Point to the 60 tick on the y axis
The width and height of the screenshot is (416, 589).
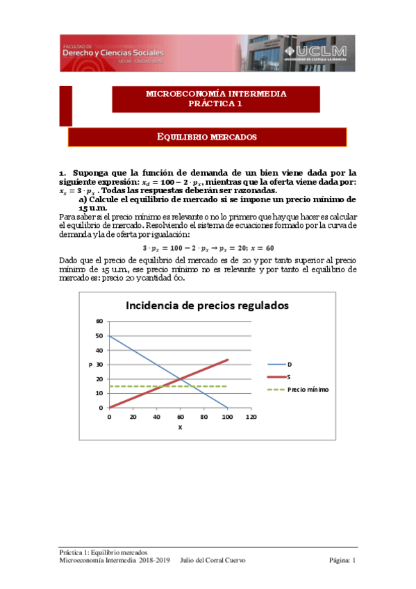click(x=99, y=321)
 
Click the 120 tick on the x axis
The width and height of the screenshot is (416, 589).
click(x=251, y=417)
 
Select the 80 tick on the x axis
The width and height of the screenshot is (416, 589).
click(x=203, y=417)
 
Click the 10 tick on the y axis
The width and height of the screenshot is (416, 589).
click(x=99, y=393)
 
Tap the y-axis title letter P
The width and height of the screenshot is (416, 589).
click(x=90, y=364)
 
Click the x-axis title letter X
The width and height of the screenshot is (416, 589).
click(x=180, y=427)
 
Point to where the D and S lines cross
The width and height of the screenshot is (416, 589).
click(x=181, y=379)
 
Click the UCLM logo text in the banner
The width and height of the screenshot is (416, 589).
click(x=322, y=52)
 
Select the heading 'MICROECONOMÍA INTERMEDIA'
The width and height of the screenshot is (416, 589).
click(x=216, y=94)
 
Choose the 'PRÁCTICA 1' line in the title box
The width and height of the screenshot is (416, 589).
click(x=216, y=103)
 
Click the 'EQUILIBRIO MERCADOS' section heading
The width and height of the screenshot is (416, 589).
click(x=208, y=137)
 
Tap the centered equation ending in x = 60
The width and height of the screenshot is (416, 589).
click(x=208, y=247)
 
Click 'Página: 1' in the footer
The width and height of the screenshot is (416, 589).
click(x=342, y=560)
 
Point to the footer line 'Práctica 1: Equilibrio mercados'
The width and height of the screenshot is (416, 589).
click(x=102, y=552)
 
